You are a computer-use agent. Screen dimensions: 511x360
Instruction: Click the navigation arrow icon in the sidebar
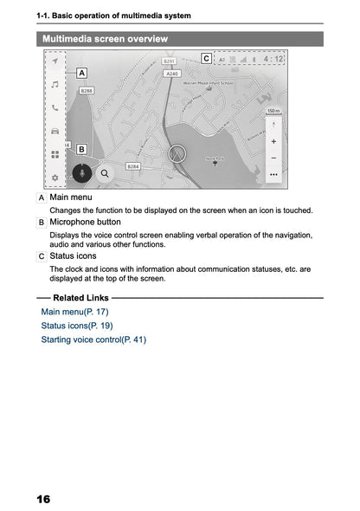pos(55,62)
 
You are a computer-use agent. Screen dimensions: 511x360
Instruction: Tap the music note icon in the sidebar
pos(55,85)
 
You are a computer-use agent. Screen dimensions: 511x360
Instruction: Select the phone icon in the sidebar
pos(55,108)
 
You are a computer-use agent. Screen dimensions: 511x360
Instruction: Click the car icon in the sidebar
pos(55,132)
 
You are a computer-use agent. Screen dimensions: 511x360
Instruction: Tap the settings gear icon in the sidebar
pos(55,178)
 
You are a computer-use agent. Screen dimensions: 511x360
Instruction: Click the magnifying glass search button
pos(106,172)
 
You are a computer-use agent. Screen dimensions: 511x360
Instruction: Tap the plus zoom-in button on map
pos(273,140)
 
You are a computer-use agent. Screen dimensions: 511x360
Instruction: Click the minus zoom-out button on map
pos(273,158)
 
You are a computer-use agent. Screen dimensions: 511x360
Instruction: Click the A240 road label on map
pos(173,74)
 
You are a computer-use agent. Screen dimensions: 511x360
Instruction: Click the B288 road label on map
pos(87,90)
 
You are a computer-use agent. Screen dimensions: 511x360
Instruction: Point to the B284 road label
pos(132,165)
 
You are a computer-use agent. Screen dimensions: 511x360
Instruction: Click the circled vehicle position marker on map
pos(178,154)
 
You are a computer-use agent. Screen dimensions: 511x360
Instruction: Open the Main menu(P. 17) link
pos(74,312)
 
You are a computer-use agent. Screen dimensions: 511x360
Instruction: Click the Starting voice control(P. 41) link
pos(93,340)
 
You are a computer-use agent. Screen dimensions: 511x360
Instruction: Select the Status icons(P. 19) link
pos(76,326)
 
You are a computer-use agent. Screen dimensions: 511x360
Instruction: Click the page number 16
pos(43,500)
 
